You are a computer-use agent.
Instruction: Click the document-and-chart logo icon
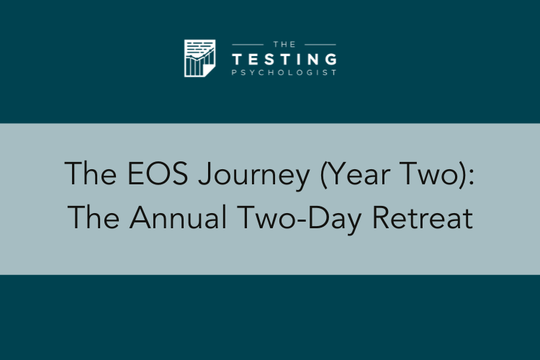[199, 58]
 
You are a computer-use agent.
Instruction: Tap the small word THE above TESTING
[284, 45]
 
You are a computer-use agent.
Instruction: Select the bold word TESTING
[284, 59]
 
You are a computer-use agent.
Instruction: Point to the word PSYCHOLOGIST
[284, 73]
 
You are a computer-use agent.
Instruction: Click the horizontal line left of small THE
[248, 45]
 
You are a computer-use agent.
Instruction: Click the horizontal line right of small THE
[320, 45]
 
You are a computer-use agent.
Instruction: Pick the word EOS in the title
[158, 174]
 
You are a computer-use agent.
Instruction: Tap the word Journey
[254, 176]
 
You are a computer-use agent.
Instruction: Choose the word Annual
[178, 217]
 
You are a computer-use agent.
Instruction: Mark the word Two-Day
[300, 219]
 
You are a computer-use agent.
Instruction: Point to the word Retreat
[423, 217]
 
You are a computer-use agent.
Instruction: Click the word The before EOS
[91, 174]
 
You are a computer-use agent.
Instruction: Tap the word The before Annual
[94, 217]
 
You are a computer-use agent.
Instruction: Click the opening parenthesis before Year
[323, 176]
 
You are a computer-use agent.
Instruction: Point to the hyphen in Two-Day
[301, 220]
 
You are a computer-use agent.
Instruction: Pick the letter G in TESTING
[331, 59]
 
